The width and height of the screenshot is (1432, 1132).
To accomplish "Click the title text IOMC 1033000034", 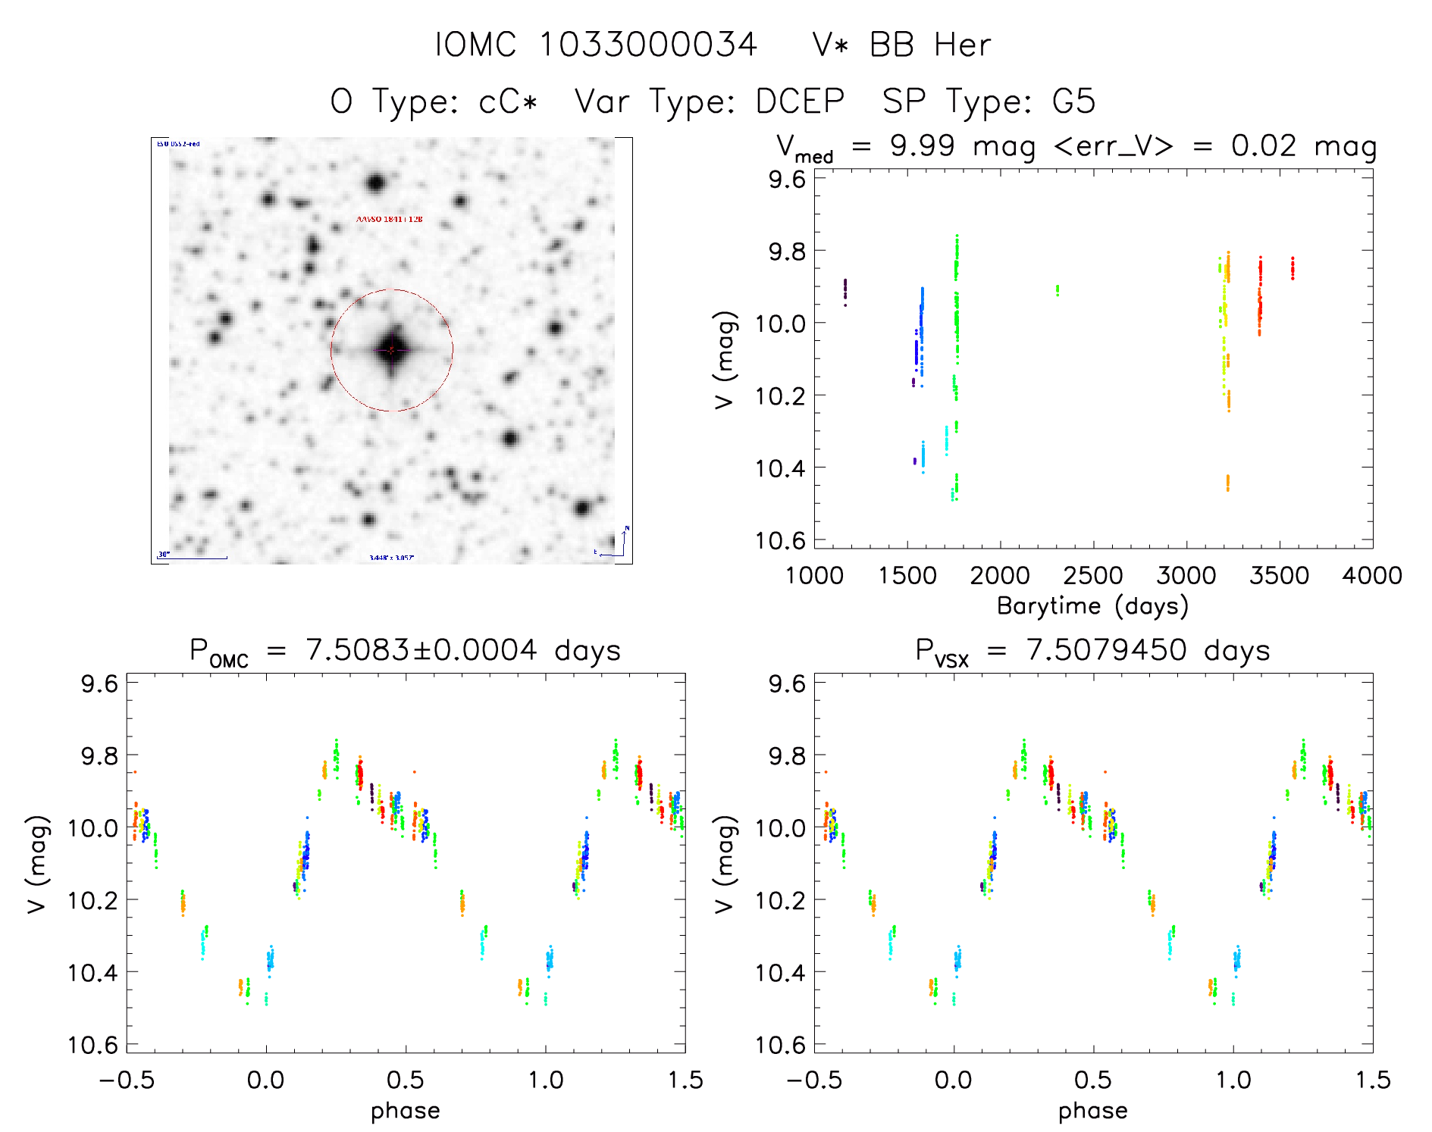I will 596,45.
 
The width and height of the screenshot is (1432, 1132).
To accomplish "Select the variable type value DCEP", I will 800,102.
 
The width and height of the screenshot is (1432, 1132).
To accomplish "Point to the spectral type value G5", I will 1073,102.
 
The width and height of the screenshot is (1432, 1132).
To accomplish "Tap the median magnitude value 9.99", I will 922,145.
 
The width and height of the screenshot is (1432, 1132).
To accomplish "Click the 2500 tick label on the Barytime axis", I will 1093,576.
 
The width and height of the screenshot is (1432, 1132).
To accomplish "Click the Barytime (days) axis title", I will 1092,606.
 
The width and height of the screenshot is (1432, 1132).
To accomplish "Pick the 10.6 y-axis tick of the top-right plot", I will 787,540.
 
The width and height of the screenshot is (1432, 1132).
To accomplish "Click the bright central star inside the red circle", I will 392,350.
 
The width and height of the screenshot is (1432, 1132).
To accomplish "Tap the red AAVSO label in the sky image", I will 390,219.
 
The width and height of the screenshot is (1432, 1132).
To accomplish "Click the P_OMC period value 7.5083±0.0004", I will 421,650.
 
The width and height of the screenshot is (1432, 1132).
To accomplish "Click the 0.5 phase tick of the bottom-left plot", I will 406,1080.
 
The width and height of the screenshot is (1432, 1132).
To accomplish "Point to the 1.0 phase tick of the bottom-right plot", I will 1233,1080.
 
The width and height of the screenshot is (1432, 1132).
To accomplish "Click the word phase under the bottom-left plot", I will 405,1111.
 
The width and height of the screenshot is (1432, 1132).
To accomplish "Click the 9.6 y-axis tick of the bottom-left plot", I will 99,683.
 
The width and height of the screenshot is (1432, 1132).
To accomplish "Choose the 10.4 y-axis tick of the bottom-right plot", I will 787,972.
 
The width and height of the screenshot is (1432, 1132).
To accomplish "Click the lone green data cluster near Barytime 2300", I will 1058,290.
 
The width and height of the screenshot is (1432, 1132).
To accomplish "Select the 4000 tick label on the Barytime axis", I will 1372,576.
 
